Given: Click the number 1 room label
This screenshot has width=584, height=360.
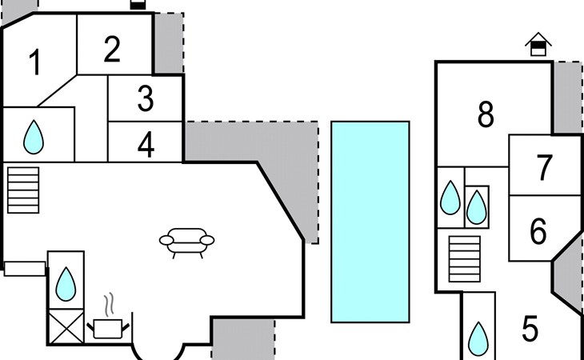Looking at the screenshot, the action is (35, 62).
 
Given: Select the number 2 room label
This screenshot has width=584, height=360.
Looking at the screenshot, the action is (112, 49).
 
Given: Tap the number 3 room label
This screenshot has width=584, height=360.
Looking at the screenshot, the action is (146, 98).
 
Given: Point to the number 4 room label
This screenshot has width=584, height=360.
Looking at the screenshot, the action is (146, 145).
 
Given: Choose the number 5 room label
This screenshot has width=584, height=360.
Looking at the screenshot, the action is (530, 328).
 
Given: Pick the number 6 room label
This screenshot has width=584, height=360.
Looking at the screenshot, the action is (538, 231).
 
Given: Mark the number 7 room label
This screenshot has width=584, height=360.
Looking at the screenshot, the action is (544, 168).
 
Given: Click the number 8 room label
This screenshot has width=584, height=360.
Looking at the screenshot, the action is (486, 114).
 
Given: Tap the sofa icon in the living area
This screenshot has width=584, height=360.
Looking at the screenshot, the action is (186, 242).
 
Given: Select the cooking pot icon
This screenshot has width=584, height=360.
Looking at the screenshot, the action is (108, 329).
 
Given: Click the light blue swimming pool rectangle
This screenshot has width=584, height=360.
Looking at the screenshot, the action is (370, 222).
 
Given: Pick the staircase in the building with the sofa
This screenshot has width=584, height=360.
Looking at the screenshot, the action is (23, 190).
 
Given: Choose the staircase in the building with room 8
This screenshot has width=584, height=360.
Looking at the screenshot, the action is (465, 258).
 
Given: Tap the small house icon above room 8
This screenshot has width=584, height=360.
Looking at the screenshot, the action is (538, 44).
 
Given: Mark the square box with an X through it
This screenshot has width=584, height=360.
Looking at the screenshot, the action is (66, 327).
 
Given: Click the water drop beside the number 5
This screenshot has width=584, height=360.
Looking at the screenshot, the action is (478, 338).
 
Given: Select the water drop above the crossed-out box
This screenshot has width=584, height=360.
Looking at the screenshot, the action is (66, 284).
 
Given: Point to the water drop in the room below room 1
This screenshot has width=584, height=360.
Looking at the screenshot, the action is (34, 137).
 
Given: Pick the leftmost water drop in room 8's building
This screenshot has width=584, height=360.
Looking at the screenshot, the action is (450, 198).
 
